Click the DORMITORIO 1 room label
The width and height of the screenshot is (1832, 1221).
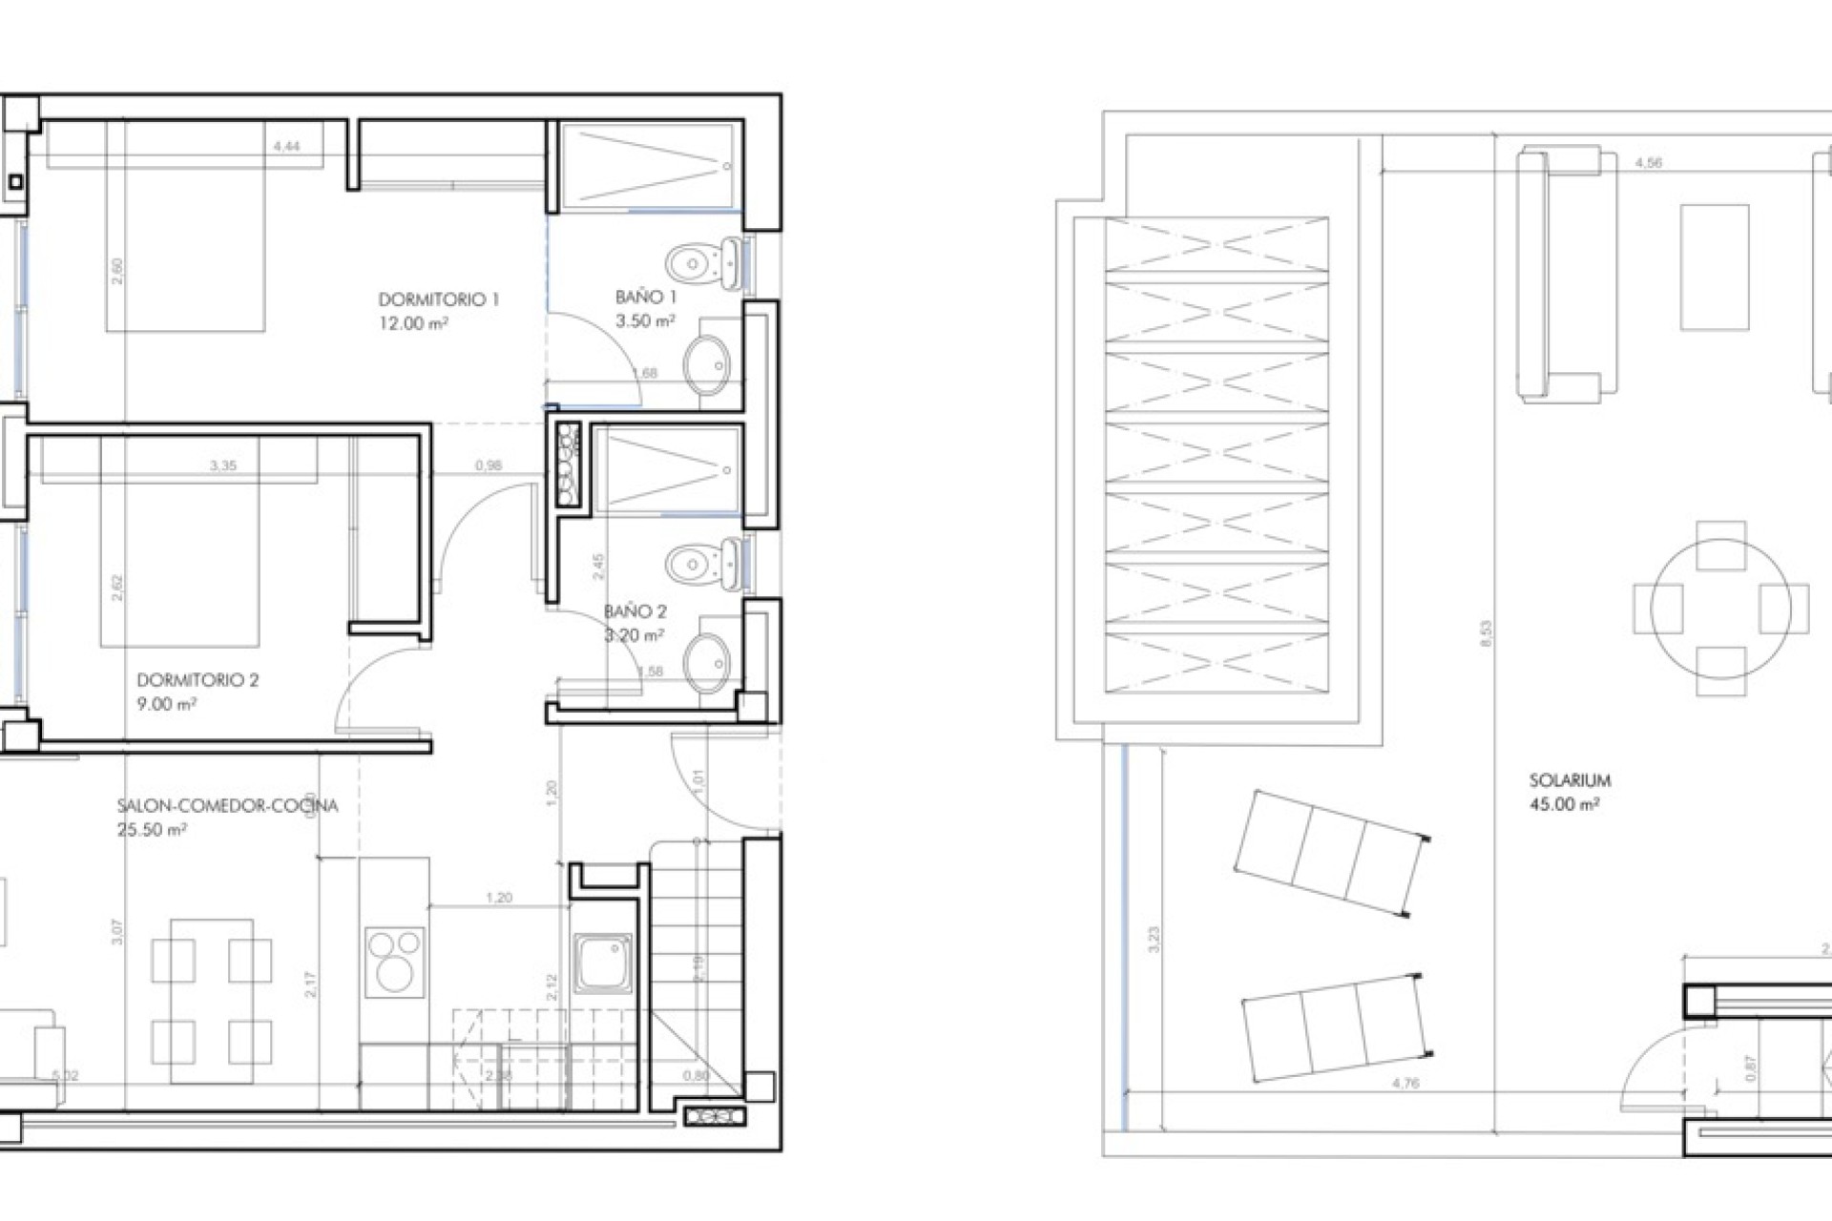(x=438, y=300)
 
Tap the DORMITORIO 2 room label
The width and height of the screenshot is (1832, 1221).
(x=198, y=680)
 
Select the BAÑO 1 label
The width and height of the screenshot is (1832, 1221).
(x=645, y=298)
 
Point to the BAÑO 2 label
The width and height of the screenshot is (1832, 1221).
(x=635, y=611)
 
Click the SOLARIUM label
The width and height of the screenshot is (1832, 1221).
(x=1570, y=780)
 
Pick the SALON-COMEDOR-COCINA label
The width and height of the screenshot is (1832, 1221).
(x=227, y=806)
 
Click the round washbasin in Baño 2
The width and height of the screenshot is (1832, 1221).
(x=708, y=662)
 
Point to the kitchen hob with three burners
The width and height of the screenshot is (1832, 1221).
(x=394, y=961)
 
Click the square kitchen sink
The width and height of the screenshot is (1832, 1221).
(x=602, y=962)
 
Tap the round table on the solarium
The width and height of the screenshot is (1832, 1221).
(x=1720, y=608)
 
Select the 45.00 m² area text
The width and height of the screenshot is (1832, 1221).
(x=1564, y=804)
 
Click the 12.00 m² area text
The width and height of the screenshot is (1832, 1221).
(x=413, y=323)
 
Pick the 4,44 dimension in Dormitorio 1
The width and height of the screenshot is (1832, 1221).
(x=286, y=147)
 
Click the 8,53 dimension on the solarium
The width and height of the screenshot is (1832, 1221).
(x=1486, y=634)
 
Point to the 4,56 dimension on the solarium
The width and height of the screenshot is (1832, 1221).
(x=1648, y=163)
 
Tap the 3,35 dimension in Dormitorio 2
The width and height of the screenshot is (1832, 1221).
(x=222, y=466)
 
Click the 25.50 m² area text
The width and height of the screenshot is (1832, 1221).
(x=152, y=830)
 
